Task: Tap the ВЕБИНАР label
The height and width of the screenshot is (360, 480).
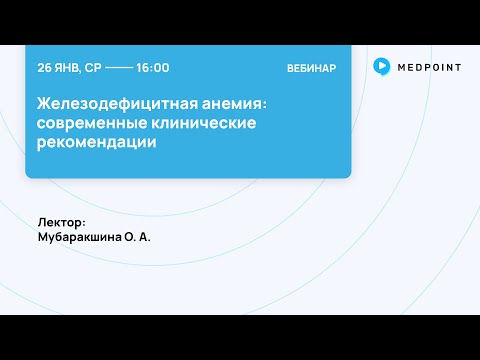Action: pos(311,68)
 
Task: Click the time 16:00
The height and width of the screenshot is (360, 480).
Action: pos(152,68)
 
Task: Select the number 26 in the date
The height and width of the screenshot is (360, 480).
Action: pos(44,68)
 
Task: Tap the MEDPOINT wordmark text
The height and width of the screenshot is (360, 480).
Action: pos(425,66)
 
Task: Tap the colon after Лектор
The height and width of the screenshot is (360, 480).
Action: pos(85,223)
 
